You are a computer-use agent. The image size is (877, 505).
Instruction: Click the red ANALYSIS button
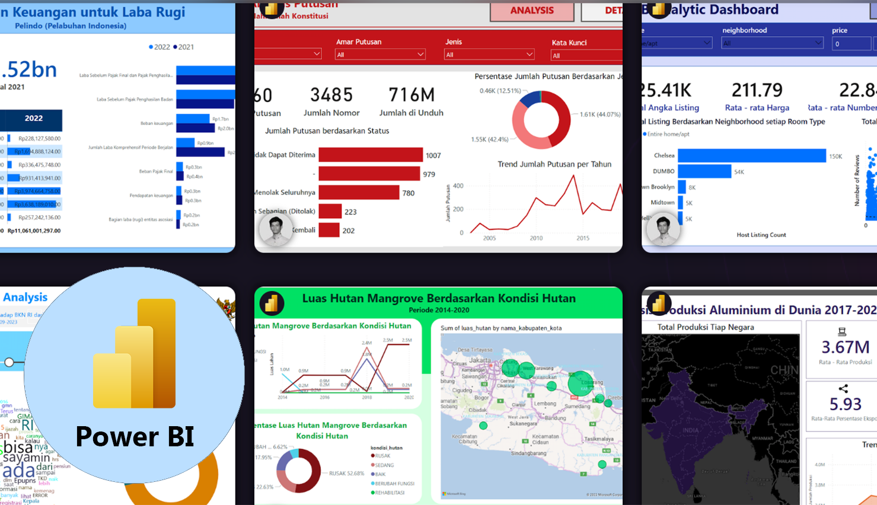coord(532,11)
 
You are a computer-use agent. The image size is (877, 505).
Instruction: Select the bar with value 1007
coord(371,155)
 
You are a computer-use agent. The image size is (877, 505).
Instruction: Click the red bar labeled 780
coord(359,193)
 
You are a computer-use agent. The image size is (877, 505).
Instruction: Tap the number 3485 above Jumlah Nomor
coord(331,95)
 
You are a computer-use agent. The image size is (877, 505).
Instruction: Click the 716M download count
coord(411,95)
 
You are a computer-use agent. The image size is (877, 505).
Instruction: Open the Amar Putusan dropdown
coord(380,55)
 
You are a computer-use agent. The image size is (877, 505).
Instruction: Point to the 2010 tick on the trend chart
coord(536,238)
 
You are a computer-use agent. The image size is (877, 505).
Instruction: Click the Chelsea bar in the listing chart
coord(751,156)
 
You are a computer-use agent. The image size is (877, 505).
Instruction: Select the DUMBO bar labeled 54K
coord(704,171)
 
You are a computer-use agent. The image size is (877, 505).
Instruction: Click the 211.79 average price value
coord(757,90)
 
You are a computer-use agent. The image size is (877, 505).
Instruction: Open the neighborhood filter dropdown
coord(772,43)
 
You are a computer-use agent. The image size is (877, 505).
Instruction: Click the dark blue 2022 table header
coord(33,119)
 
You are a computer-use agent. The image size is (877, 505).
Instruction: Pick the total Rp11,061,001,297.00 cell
coord(34,231)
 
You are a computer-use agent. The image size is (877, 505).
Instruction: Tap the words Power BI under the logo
coord(135,437)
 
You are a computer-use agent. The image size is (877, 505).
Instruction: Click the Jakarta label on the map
coord(480,360)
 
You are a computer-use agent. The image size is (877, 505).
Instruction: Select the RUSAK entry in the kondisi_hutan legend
coord(382,456)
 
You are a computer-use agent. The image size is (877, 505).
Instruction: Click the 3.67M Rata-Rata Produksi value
coord(845,347)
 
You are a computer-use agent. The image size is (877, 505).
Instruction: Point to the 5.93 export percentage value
coord(845,404)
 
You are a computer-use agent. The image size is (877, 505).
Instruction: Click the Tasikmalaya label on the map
coord(598,439)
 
